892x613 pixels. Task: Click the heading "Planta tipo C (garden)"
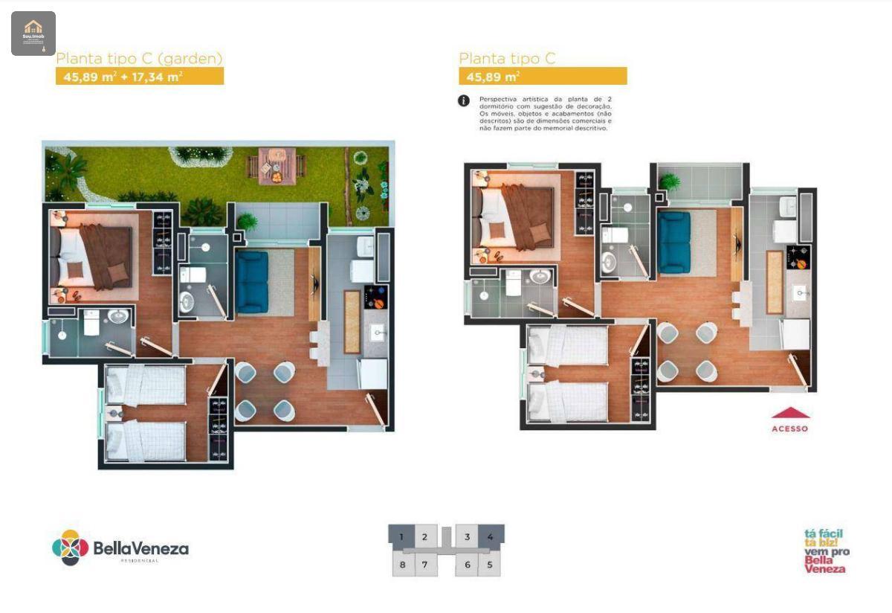tap(140, 58)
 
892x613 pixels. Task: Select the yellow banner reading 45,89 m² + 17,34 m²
tap(140, 76)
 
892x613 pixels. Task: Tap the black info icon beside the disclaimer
tap(464, 100)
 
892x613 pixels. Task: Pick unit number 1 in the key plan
tap(402, 536)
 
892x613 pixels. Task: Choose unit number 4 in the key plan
tap(490, 536)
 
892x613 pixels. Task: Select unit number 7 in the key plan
tap(424, 564)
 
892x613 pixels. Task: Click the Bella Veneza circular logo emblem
tap(71, 548)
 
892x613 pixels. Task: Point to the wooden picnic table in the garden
tap(276, 165)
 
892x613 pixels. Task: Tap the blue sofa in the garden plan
tap(252, 282)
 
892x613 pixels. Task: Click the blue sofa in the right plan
tap(674, 242)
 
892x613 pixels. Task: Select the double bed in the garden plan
tap(93, 257)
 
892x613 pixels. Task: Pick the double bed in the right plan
tap(515, 216)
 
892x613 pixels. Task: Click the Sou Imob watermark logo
tap(33, 33)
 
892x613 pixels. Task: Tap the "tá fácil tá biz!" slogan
tap(824, 538)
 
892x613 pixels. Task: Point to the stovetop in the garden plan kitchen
tap(375, 296)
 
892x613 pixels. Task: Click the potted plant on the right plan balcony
tap(669, 181)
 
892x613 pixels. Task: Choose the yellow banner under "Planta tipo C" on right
tap(543, 76)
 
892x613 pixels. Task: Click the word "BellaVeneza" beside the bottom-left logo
tap(140, 548)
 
